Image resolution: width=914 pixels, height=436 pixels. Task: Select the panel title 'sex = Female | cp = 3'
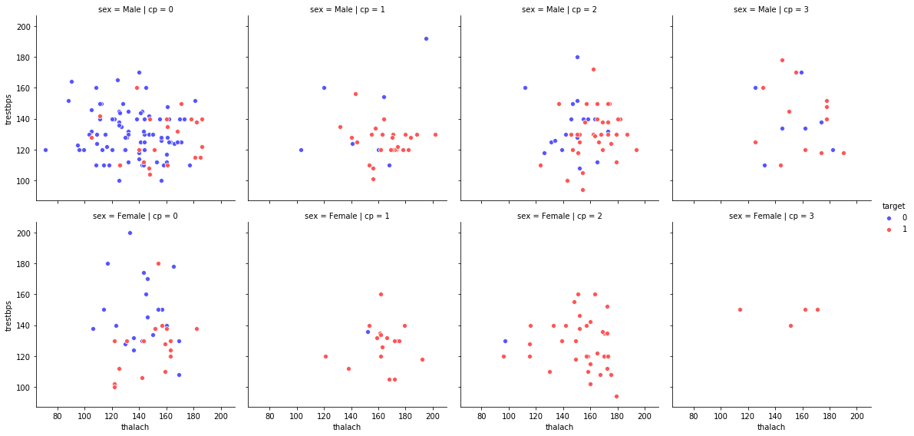(x=771, y=216)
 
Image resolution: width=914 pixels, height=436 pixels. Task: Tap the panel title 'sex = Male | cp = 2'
(x=559, y=9)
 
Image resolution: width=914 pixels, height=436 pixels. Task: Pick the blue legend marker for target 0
(x=889, y=217)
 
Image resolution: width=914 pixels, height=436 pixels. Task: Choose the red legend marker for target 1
(x=889, y=230)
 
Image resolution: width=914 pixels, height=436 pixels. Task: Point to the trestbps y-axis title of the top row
(x=9, y=108)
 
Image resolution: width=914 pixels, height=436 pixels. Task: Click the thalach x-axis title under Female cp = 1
(x=347, y=427)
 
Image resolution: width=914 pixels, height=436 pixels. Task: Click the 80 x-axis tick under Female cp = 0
(x=57, y=415)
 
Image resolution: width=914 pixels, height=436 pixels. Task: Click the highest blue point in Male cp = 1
(x=426, y=38)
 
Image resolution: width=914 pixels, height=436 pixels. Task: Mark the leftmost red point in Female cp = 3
(x=740, y=310)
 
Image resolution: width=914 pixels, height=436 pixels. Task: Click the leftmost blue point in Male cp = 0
(x=45, y=150)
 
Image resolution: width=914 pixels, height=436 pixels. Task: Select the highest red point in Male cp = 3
(x=782, y=60)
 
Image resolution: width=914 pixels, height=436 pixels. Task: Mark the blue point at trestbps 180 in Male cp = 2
(x=577, y=57)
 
